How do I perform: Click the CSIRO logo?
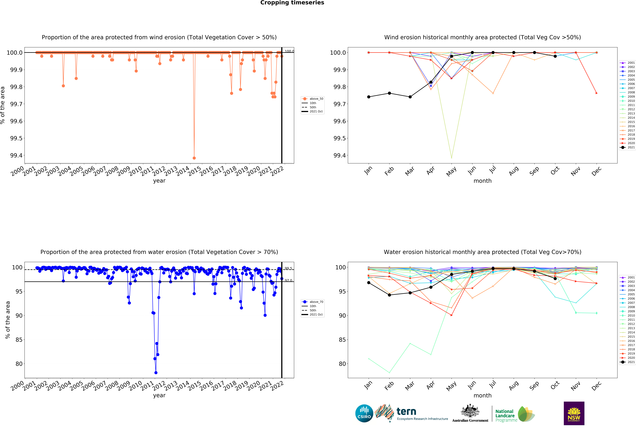(x=364, y=413)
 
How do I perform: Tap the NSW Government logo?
(x=574, y=413)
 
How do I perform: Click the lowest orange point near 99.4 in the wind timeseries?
(x=194, y=158)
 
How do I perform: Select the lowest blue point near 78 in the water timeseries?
(x=156, y=373)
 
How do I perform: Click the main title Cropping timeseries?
(x=292, y=3)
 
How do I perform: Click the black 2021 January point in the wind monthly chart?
(x=369, y=97)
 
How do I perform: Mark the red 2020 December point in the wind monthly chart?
(x=597, y=93)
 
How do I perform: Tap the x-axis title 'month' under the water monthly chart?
(x=482, y=396)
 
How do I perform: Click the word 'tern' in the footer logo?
(x=406, y=411)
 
